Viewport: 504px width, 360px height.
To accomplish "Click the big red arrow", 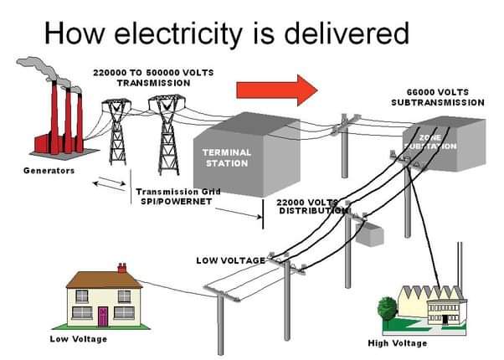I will [x=276, y=89].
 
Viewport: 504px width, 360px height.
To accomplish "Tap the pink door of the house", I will [x=103, y=316].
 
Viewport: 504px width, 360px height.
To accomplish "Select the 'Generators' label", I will [x=49, y=171].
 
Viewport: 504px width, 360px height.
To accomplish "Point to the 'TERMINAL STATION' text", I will [x=227, y=157].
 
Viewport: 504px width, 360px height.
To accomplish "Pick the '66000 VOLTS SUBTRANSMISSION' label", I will [x=437, y=96].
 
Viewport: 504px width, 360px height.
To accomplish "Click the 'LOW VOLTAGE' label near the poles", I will [x=230, y=260].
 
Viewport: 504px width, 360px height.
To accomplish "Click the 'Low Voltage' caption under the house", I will [x=78, y=339].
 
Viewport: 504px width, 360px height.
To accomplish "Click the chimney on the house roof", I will [x=122, y=268].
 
